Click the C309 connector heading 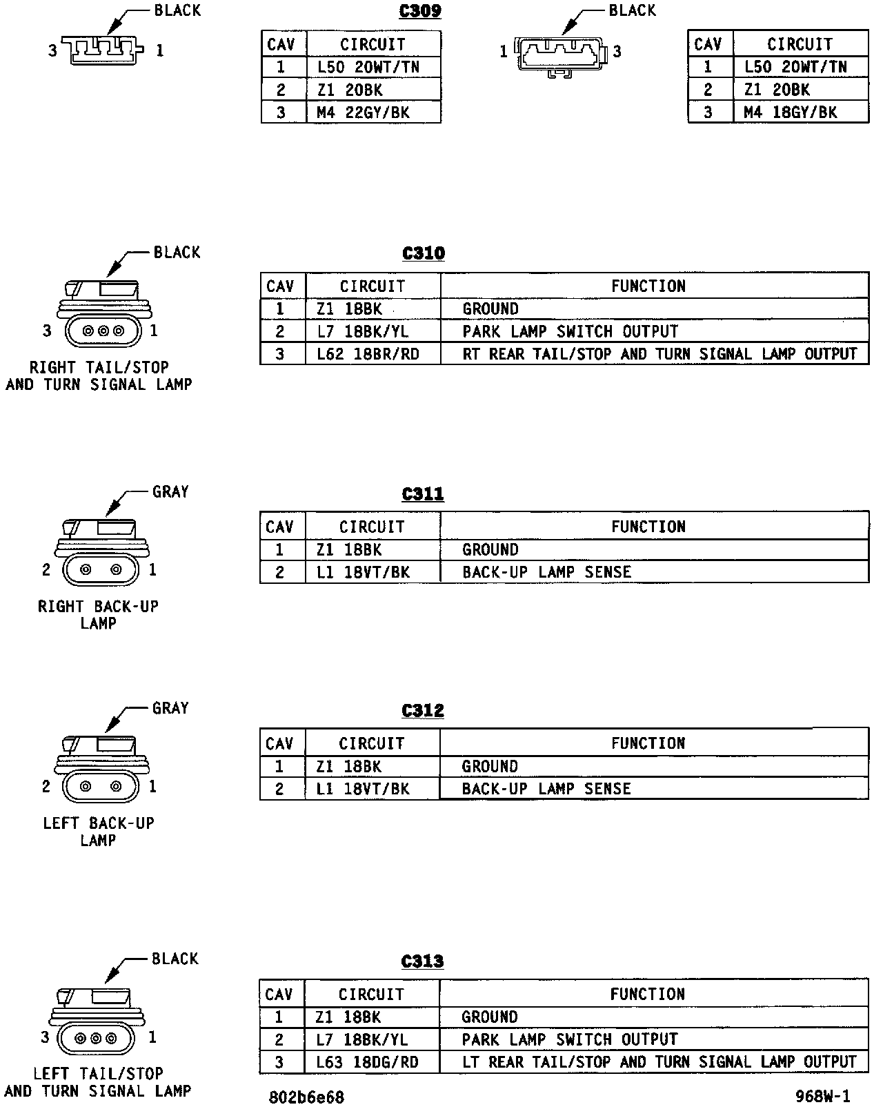[420, 12]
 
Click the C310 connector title [424, 253]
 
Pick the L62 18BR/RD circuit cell [368, 354]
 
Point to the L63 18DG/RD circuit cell [367, 1062]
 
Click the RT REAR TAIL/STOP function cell [659, 354]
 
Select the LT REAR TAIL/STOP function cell [659, 1062]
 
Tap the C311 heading [423, 494]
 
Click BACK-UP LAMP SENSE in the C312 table [546, 789]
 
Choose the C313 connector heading [422, 961]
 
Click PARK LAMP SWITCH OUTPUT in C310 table [571, 332]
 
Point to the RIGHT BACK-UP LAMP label [98, 615]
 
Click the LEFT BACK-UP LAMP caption [98, 832]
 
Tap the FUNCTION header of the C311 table [648, 527]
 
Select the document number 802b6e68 [306, 1097]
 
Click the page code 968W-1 [822, 1097]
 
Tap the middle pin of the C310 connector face [103, 331]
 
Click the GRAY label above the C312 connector [170, 708]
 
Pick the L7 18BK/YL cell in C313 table [361, 1039]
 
